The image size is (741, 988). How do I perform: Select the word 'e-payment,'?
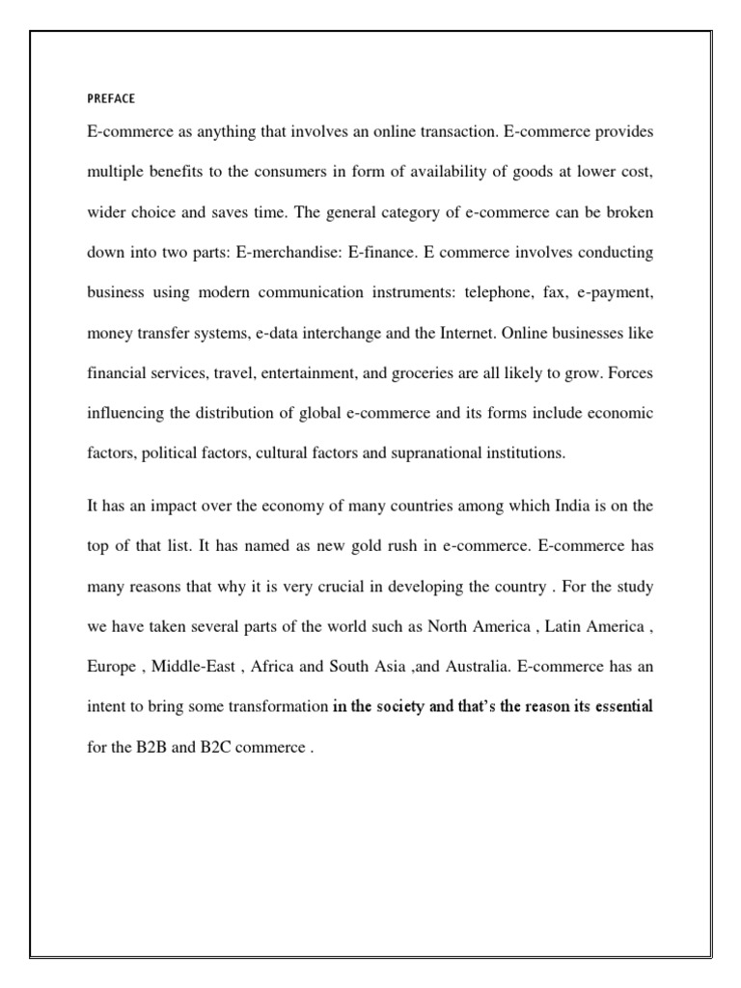coord(615,292)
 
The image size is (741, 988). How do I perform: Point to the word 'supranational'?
coord(417,453)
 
